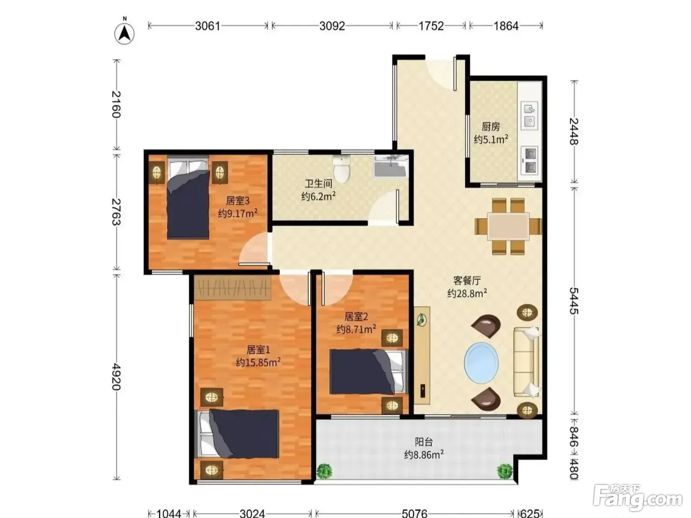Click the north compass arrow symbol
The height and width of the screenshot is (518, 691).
pos(124,34)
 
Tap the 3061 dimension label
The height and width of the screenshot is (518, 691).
pos(207,26)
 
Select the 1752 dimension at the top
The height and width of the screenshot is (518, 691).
pos(431,26)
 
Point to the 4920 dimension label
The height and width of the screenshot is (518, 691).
pos(116,376)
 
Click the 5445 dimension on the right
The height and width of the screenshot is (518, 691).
pos(574,300)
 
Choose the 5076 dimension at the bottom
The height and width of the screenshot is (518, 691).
pos(414,513)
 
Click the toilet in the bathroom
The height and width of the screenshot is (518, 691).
pos(342,169)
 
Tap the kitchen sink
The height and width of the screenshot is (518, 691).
pos(530,115)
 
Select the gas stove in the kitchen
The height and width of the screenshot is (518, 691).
pos(530,160)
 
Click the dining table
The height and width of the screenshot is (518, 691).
pos(508,226)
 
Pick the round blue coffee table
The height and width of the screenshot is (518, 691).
pos(481,363)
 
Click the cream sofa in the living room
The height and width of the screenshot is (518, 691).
pos(527,362)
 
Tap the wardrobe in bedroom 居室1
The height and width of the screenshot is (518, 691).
pos(232,288)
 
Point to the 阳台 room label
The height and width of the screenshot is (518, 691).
pos(423,442)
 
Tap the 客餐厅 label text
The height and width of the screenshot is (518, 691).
pos(467,280)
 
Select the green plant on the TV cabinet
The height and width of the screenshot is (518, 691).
pos(422,320)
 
